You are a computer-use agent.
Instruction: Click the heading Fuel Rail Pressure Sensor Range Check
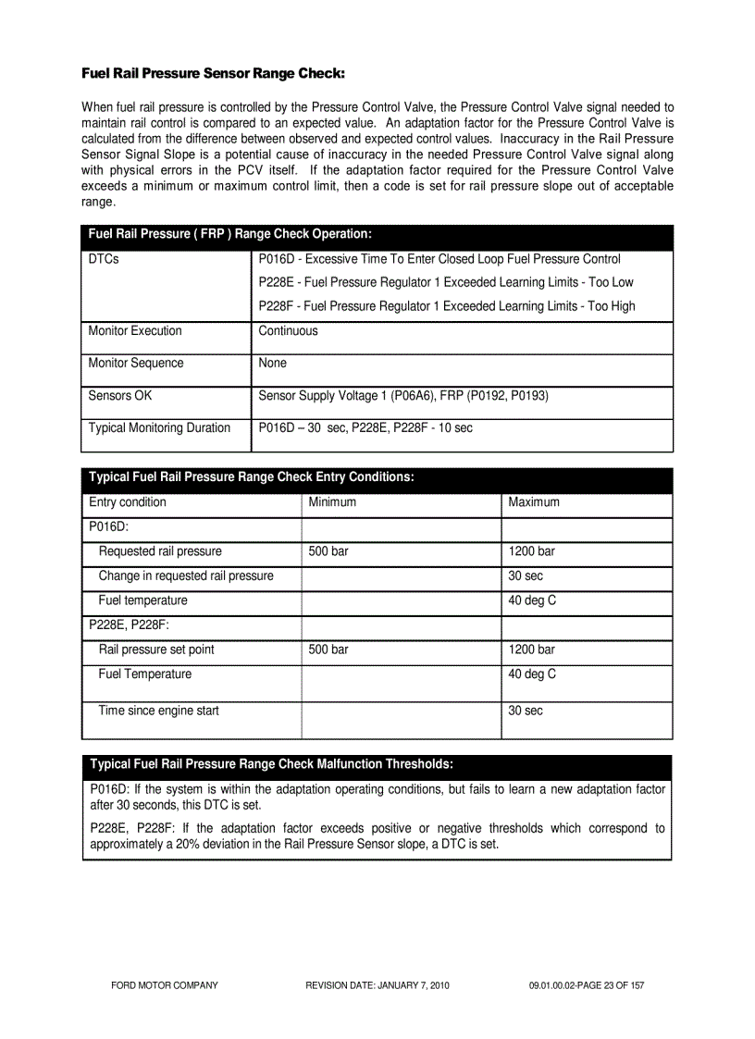tap(213, 72)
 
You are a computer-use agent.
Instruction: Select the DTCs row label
tap(104, 259)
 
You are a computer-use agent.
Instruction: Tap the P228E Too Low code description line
tap(446, 282)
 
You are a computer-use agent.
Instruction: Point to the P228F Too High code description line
tap(447, 306)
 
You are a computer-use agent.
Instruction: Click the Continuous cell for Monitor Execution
tap(288, 331)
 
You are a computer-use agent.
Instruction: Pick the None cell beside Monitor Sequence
tap(273, 364)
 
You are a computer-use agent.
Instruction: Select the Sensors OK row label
tap(120, 396)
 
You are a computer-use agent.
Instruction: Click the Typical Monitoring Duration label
tap(159, 428)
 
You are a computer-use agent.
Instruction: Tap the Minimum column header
tap(332, 502)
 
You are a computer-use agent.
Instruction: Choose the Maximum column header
tap(534, 502)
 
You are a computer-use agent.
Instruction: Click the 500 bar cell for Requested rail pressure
tap(328, 551)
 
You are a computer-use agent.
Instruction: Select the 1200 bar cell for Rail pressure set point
tap(532, 649)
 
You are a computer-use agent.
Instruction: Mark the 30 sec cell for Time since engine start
tap(526, 711)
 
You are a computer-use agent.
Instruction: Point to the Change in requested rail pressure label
tap(186, 576)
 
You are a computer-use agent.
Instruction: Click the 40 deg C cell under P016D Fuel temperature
tap(532, 600)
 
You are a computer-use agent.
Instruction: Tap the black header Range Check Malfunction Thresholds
tap(271, 764)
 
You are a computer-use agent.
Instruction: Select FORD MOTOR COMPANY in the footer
tap(165, 985)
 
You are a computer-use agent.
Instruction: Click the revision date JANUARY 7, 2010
tap(377, 985)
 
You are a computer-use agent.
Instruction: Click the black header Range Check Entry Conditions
tap(251, 477)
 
